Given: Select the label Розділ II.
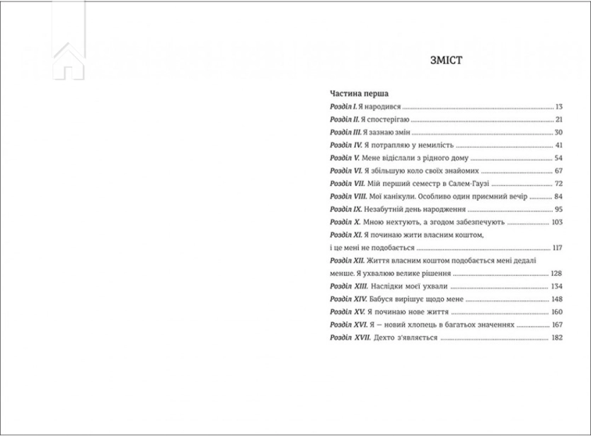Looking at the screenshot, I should (347, 119).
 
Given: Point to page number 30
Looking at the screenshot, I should (558, 132).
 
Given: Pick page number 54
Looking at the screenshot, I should (558, 158).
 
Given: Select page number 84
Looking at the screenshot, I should (558, 197).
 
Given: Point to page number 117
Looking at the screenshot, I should (556, 249).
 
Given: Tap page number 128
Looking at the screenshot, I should (556, 274).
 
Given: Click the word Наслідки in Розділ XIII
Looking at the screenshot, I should (388, 287).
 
